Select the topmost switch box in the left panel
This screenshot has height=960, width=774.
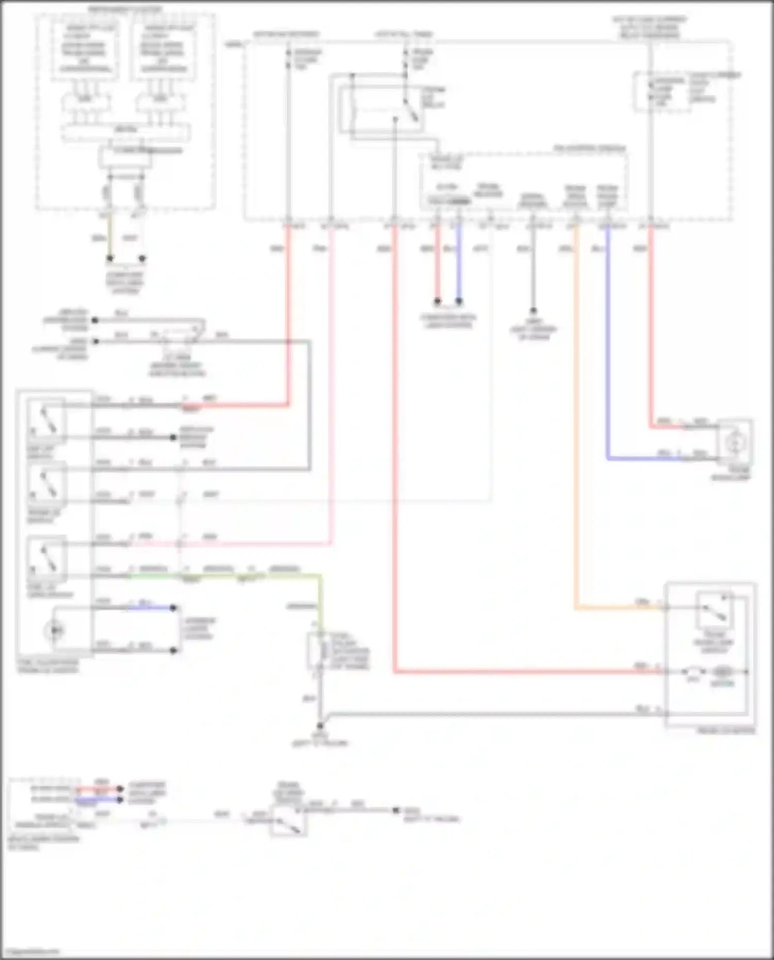pos(46,420)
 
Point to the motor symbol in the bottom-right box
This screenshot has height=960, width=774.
pos(722,672)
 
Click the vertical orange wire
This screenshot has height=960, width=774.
pos(576,413)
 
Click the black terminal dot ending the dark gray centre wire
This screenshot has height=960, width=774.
pos(533,311)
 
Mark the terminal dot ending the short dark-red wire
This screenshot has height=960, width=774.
pos(437,301)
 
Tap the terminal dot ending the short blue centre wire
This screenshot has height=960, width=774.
pos(459,301)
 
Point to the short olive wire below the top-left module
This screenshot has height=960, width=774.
pos(109,237)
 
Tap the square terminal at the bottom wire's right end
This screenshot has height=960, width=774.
pos(396,810)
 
